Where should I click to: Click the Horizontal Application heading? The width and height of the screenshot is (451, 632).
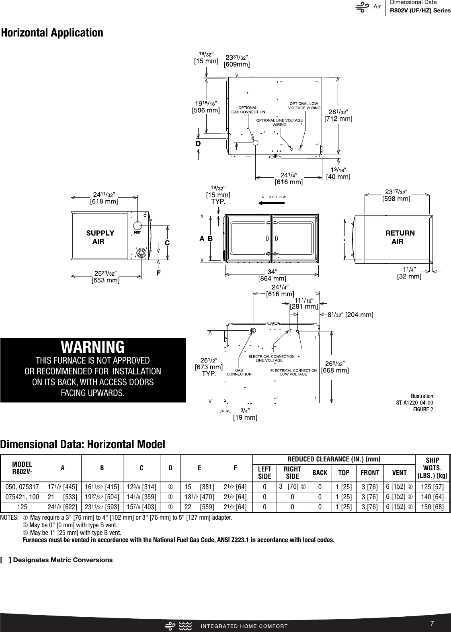tap(52, 33)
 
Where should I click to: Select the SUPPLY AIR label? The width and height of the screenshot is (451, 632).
tap(100, 237)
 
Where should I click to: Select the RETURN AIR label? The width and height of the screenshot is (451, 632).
tap(400, 237)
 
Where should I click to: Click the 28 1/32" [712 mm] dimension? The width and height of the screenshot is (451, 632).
tap(338, 115)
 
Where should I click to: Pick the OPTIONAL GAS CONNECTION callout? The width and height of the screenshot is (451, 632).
tap(248, 110)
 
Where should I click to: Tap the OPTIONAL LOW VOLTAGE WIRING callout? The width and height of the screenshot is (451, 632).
tap(304, 106)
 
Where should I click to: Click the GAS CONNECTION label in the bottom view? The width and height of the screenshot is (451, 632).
tap(239, 372)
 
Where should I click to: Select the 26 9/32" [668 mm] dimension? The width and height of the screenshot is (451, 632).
tap(334, 367)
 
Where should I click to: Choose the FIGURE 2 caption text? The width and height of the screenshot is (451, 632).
tap(423, 409)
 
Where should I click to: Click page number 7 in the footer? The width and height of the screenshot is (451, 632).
tap(432, 623)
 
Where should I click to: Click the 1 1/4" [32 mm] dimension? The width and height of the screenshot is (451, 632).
tap(409, 273)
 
